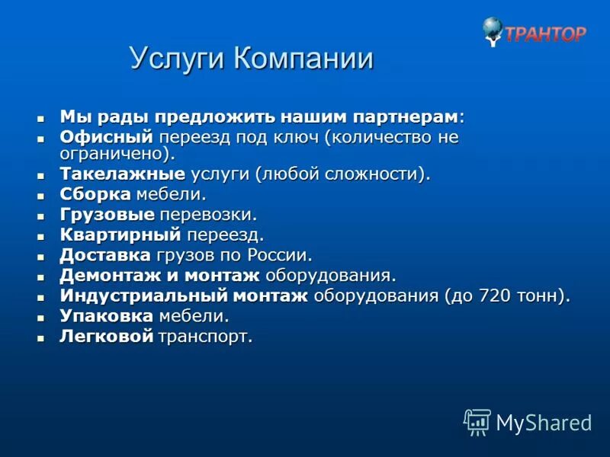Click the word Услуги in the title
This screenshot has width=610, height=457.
click(177, 59)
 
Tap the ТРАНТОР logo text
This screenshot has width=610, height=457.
click(546, 34)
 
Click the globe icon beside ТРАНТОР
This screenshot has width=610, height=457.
click(493, 30)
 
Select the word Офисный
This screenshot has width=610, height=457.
click(106, 138)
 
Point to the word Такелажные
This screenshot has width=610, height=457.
click(122, 174)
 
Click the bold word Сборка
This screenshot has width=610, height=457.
click(95, 195)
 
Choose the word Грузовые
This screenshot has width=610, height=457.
click(107, 216)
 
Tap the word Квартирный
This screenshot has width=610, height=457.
click(120, 235)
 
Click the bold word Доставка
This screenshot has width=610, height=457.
click(106, 255)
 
